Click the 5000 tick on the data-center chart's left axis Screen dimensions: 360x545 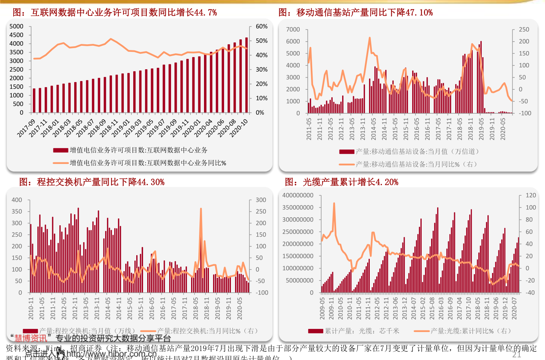coord(16,26)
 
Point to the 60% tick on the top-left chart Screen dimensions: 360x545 coord(262,26)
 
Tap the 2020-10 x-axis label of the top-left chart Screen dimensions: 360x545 coord(239,128)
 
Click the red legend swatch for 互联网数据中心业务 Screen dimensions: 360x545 coord(61,150)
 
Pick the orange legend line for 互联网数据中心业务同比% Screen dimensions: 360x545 coord(61,163)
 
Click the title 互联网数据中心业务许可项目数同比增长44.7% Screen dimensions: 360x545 coord(115,12)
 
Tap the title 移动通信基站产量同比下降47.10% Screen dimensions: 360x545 coord(355,12)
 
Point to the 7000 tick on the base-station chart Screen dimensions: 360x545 coord(293,30)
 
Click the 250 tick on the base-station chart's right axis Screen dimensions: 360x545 coord(524,30)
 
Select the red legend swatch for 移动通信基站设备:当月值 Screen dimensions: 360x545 coord(347,152)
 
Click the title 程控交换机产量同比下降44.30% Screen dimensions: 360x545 coord(92,182)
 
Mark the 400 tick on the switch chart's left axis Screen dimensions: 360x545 coord(17,200)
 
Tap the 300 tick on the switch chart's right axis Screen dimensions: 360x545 coord(261,200)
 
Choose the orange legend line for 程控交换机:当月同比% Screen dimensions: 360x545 coord(148,331)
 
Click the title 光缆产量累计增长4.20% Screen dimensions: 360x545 coord(341,182)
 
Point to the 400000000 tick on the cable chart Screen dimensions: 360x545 coord(298,195)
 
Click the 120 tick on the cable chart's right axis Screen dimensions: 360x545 coord(531,195)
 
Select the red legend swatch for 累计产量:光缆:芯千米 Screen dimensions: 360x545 coord(316,331)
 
